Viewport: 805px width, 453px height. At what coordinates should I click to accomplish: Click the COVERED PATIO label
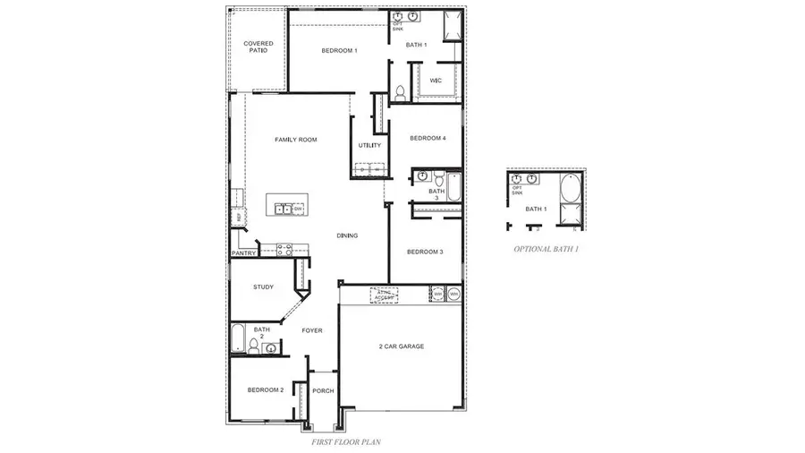pyautogui.click(x=258, y=47)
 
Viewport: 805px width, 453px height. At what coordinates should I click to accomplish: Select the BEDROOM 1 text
pyautogui.click(x=339, y=51)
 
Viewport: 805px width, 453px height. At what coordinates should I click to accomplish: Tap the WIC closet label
pyautogui.click(x=436, y=81)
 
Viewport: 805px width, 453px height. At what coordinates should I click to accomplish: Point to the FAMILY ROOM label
pyautogui.click(x=295, y=140)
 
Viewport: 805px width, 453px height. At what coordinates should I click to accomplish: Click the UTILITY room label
pyautogui.click(x=369, y=145)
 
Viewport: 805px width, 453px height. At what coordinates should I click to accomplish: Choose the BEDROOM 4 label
pyautogui.click(x=428, y=138)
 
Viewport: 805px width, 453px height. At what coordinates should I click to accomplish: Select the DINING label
pyautogui.click(x=347, y=236)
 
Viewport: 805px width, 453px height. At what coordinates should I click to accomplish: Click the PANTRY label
pyautogui.click(x=244, y=253)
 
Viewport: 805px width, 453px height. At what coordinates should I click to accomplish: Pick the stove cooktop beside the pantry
pyautogui.click(x=284, y=251)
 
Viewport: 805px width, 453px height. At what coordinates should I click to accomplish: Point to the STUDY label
pyautogui.click(x=263, y=287)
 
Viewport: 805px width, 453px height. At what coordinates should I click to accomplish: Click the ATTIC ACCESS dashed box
pyautogui.click(x=385, y=295)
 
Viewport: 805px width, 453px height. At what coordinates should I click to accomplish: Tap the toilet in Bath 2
pyautogui.click(x=253, y=347)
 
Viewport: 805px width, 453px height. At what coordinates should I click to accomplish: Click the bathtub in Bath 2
pyautogui.click(x=238, y=339)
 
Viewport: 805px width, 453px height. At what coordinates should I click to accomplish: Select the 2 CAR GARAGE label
pyautogui.click(x=401, y=346)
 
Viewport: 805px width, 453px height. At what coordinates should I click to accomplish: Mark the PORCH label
pyautogui.click(x=323, y=391)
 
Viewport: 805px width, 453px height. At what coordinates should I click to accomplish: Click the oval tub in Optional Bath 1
pyautogui.click(x=569, y=189)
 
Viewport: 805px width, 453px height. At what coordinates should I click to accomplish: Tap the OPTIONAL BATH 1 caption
pyautogui.click(x=546, y=249)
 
